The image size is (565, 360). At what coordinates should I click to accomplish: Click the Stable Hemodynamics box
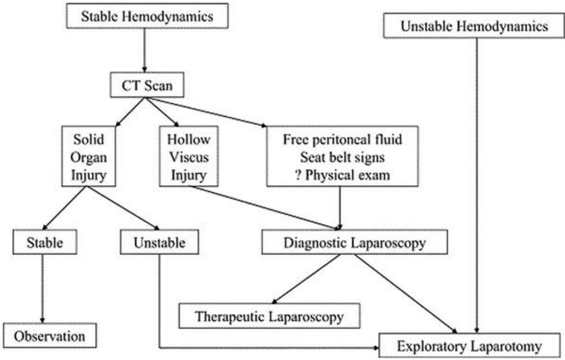click(147, 17)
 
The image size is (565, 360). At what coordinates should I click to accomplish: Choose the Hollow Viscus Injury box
click(188, 157)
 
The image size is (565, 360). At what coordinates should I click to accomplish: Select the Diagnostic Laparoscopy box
click(355, 242)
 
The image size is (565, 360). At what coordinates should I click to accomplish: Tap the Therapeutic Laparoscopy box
click(269, 317)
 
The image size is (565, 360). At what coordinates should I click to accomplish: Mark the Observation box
click(50, 336)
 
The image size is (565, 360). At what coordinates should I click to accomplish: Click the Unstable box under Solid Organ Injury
click(159, 242)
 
